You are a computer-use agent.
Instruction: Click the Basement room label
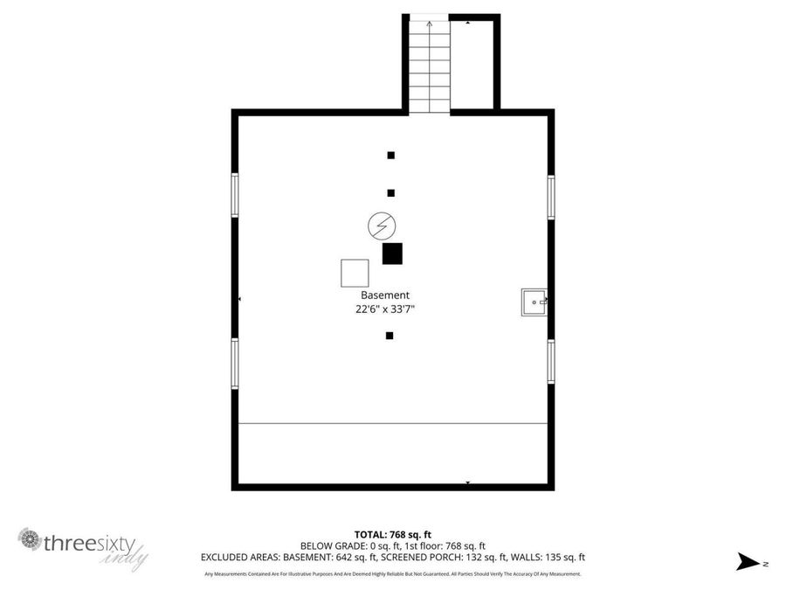pyautogui.click(x=385, y=295)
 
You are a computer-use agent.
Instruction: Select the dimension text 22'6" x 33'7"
pyautogui.click(x=385, y=309)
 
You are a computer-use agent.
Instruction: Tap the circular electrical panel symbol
pyautogui.click(x=381, y=226)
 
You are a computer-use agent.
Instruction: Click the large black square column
pyautogui.click(x=392, y=253)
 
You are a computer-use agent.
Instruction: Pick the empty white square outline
pyautogui.click(x=355, y=273)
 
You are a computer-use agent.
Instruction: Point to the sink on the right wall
pyautogui.click(x=534, y=302)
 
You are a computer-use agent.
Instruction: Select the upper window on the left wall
pyautogui.click(x=235, y=194)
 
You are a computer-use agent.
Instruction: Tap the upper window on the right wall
pyautogui.click(x=551, y=196)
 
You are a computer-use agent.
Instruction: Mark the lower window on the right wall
pyautogui.click(x=551, y=360)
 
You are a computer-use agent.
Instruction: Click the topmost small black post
pyautogui.click(x=391, y=156)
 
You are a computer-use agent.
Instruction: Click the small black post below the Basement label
pyautogui.click(x=390, y=336)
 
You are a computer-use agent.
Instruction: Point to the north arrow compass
pyautogui.click(x=749, y=562)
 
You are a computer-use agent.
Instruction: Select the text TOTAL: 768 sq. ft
pyautogui.click(x=392, y=534)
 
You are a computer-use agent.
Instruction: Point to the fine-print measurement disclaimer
pyautogui.click(x=392, y=574)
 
